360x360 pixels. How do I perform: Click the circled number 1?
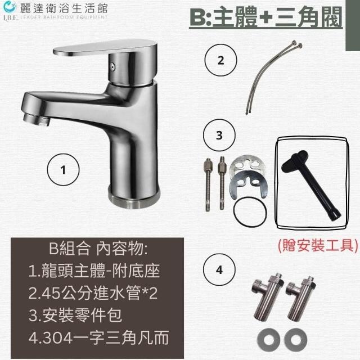pyautogui.click(x=63, y=170)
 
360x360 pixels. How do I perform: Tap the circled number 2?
pyautogui.click(x=220, y=60)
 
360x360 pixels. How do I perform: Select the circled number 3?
pyautogui.click(x=219, y=135)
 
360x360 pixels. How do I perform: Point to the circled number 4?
pyautogui.click(x=219, y=269)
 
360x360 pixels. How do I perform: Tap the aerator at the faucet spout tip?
pyautogui.click(x=37, y=119)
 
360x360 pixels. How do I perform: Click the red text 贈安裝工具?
pyautogui.click(x=318, y=245)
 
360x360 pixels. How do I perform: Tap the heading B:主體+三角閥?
pyautogui.click(x=266, y=17)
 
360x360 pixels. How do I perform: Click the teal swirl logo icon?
pyautogui.click(x=10, y=7)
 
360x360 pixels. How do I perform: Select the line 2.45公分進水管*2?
pyautogui.click(x=93, y=293)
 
